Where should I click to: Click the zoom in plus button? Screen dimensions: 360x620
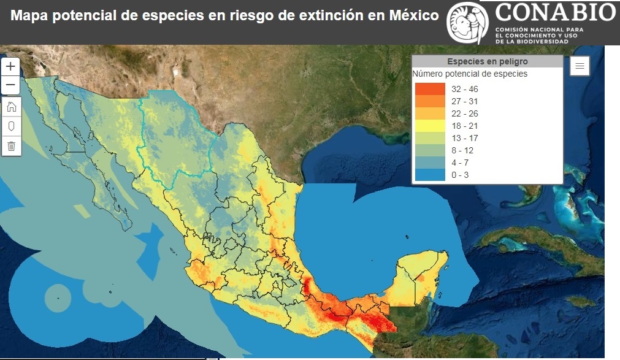click(x=11, y=66)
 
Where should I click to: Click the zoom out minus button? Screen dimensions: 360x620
click(x=11, y=84)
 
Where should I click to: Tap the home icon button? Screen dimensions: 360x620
click(x=11, y=107)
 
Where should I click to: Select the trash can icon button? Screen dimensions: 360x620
click(x=11, y=146)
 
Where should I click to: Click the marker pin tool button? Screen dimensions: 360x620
click(x=11, y=126)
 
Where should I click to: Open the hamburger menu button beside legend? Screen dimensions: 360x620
click(x=580, y=66)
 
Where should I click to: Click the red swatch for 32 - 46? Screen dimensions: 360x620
click(x=429, y=89)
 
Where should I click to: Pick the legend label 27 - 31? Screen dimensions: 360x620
click(x=464, y=101)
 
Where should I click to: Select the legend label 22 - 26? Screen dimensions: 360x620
click(x=464, y=113)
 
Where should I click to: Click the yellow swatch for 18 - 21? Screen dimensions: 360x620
click(x=429, y=126)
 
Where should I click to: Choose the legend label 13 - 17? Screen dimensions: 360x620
click(x=464, y=138)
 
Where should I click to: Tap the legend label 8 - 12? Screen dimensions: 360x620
click(x=462, y=150)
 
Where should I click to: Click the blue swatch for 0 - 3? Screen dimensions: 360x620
click(x=429, y=175)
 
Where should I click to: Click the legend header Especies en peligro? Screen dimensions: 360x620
click(x=487, y=61)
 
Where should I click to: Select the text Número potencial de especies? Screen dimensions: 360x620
click(x=470, y=74)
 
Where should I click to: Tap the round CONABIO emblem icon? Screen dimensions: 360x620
click(x=468, y=23)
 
